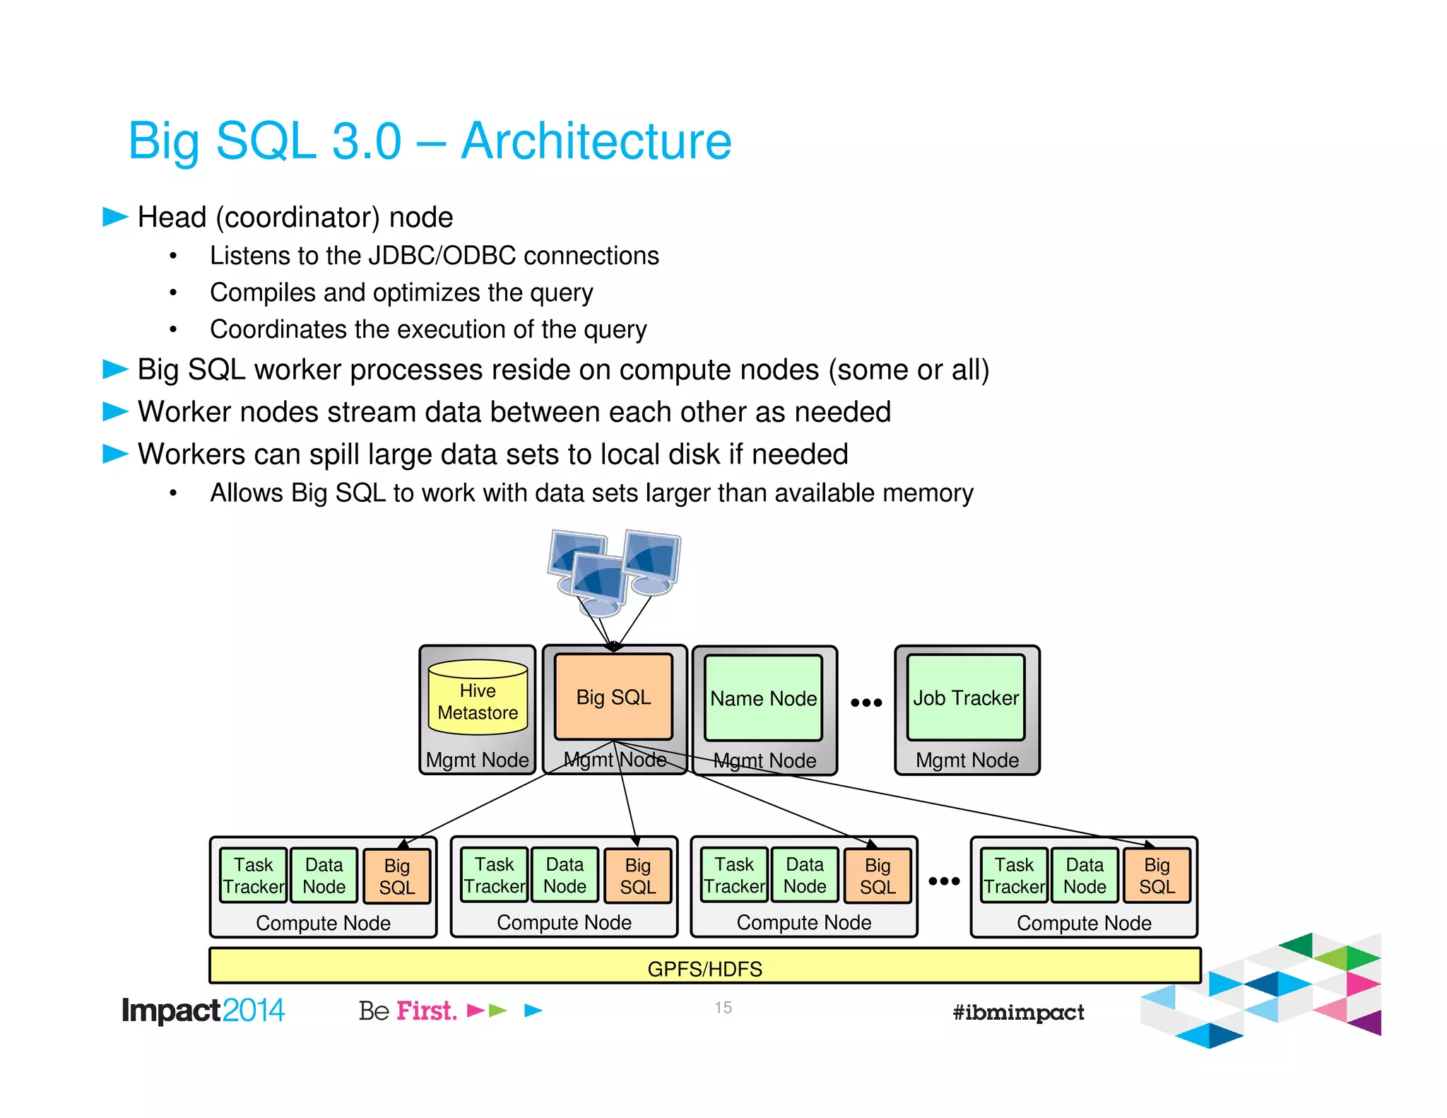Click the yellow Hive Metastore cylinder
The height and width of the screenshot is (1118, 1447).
point(478,698)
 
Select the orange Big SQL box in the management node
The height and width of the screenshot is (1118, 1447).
point(613,697)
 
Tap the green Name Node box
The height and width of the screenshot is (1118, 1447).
point(763,698)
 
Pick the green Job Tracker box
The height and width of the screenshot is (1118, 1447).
point(966,698)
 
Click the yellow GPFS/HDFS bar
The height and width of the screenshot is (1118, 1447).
point(704,967)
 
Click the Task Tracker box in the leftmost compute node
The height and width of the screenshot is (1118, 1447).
point(253,876)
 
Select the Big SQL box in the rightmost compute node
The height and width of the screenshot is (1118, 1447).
point(1157,876)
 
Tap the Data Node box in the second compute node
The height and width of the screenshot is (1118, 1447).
point(565,875)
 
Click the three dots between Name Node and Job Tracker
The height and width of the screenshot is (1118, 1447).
point(866,702)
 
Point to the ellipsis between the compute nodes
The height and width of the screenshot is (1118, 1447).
point(944,881)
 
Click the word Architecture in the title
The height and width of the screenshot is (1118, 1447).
point(596,141)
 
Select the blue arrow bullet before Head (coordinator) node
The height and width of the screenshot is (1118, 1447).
point(115,216)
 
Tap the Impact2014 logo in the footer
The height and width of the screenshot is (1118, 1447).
point(203,1011)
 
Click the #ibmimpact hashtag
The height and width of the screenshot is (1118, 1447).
point(1017,1012)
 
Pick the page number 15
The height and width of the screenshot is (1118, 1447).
point(723,1008)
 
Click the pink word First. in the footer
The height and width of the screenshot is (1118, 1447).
point(426,1011)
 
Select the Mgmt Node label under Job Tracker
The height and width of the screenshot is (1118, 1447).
point(967,760)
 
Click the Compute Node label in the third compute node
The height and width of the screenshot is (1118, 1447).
point(803,922)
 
